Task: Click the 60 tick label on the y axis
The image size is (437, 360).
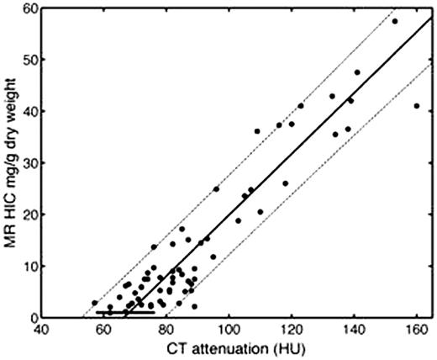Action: [x=29, y=8]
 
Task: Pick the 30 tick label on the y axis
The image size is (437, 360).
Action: [x=29, y=163]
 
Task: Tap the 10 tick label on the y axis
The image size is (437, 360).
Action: [x=29, y=267]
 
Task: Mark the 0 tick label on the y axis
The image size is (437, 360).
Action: [x=33, y=318]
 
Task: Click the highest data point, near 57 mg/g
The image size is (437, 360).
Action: [x=394, y=21]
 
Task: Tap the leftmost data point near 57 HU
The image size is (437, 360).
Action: [x=95, y=303]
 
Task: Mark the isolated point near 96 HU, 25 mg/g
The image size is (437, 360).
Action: [x=216, y=189]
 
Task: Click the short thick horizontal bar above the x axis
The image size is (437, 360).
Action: [x=125, y=312]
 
